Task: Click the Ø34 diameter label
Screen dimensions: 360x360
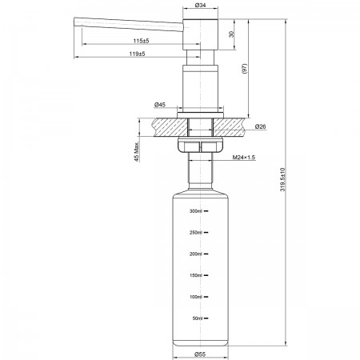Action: (x=200, y=5)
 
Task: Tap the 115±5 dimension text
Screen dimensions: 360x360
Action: (x=141, y=41)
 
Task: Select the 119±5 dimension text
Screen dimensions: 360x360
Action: (x=138, y=54)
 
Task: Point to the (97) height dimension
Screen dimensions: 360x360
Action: (x=245, y=69)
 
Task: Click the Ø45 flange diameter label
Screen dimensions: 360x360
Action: (x=160, y=105)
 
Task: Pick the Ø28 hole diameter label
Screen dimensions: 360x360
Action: (x=260, y=126)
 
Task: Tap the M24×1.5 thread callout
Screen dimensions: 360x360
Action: (x=244, y=158)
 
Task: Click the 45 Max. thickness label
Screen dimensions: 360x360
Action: (x=136, y=151)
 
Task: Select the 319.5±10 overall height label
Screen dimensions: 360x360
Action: (x=282, y=179)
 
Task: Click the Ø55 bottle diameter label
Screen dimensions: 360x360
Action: (x=200, y=354)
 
